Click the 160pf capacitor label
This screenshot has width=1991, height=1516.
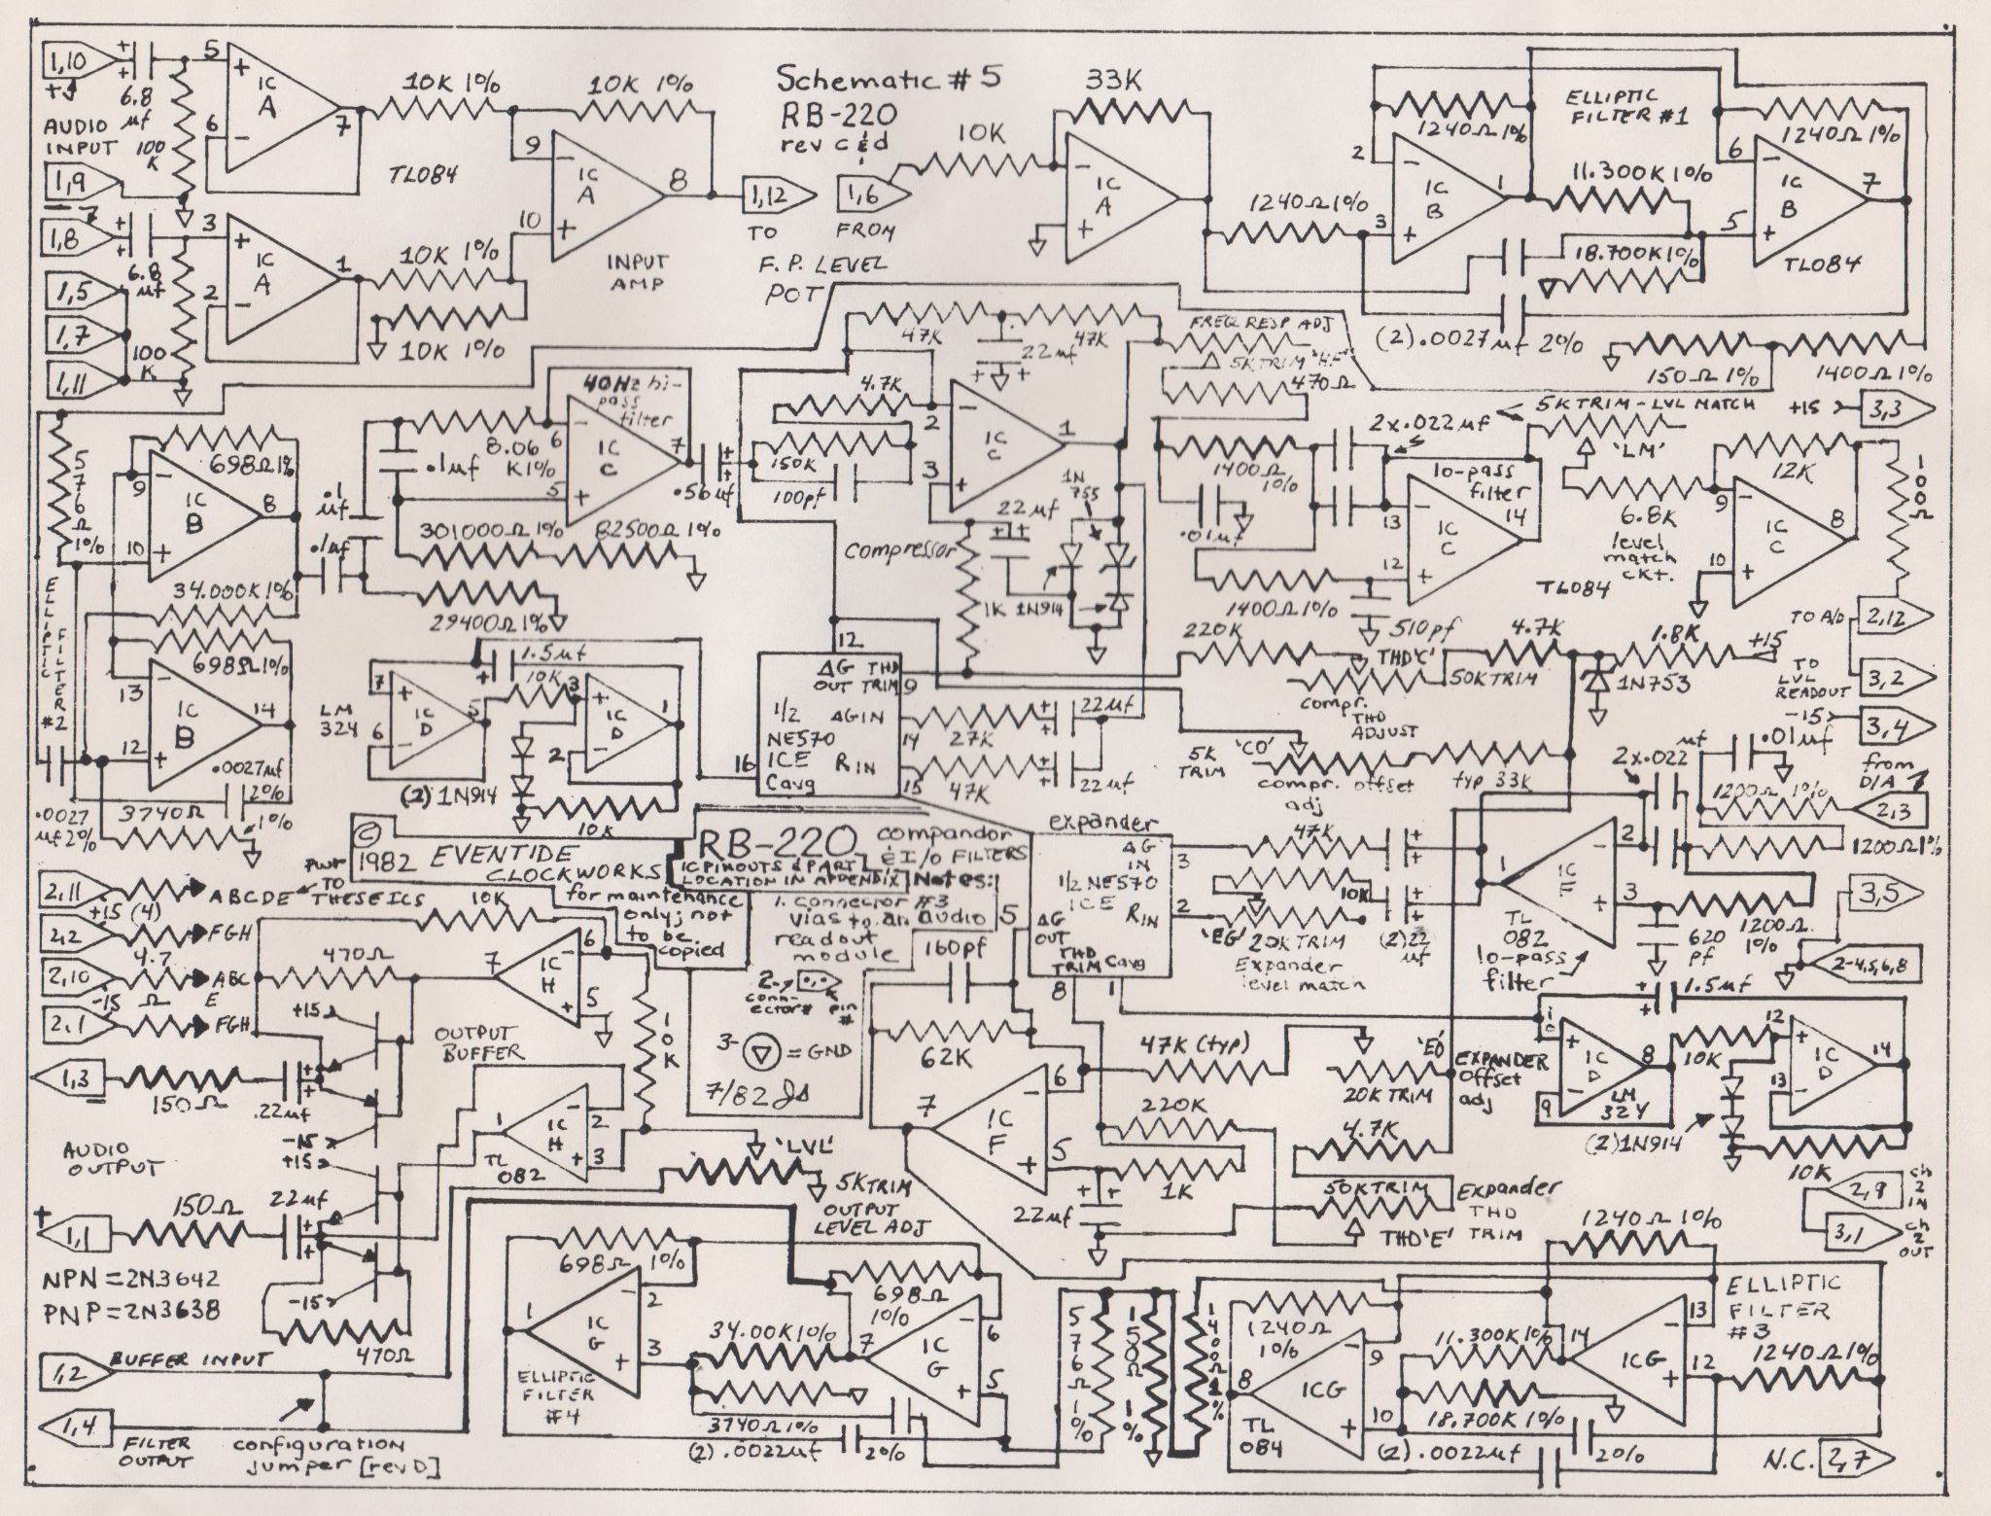pos(950,947)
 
